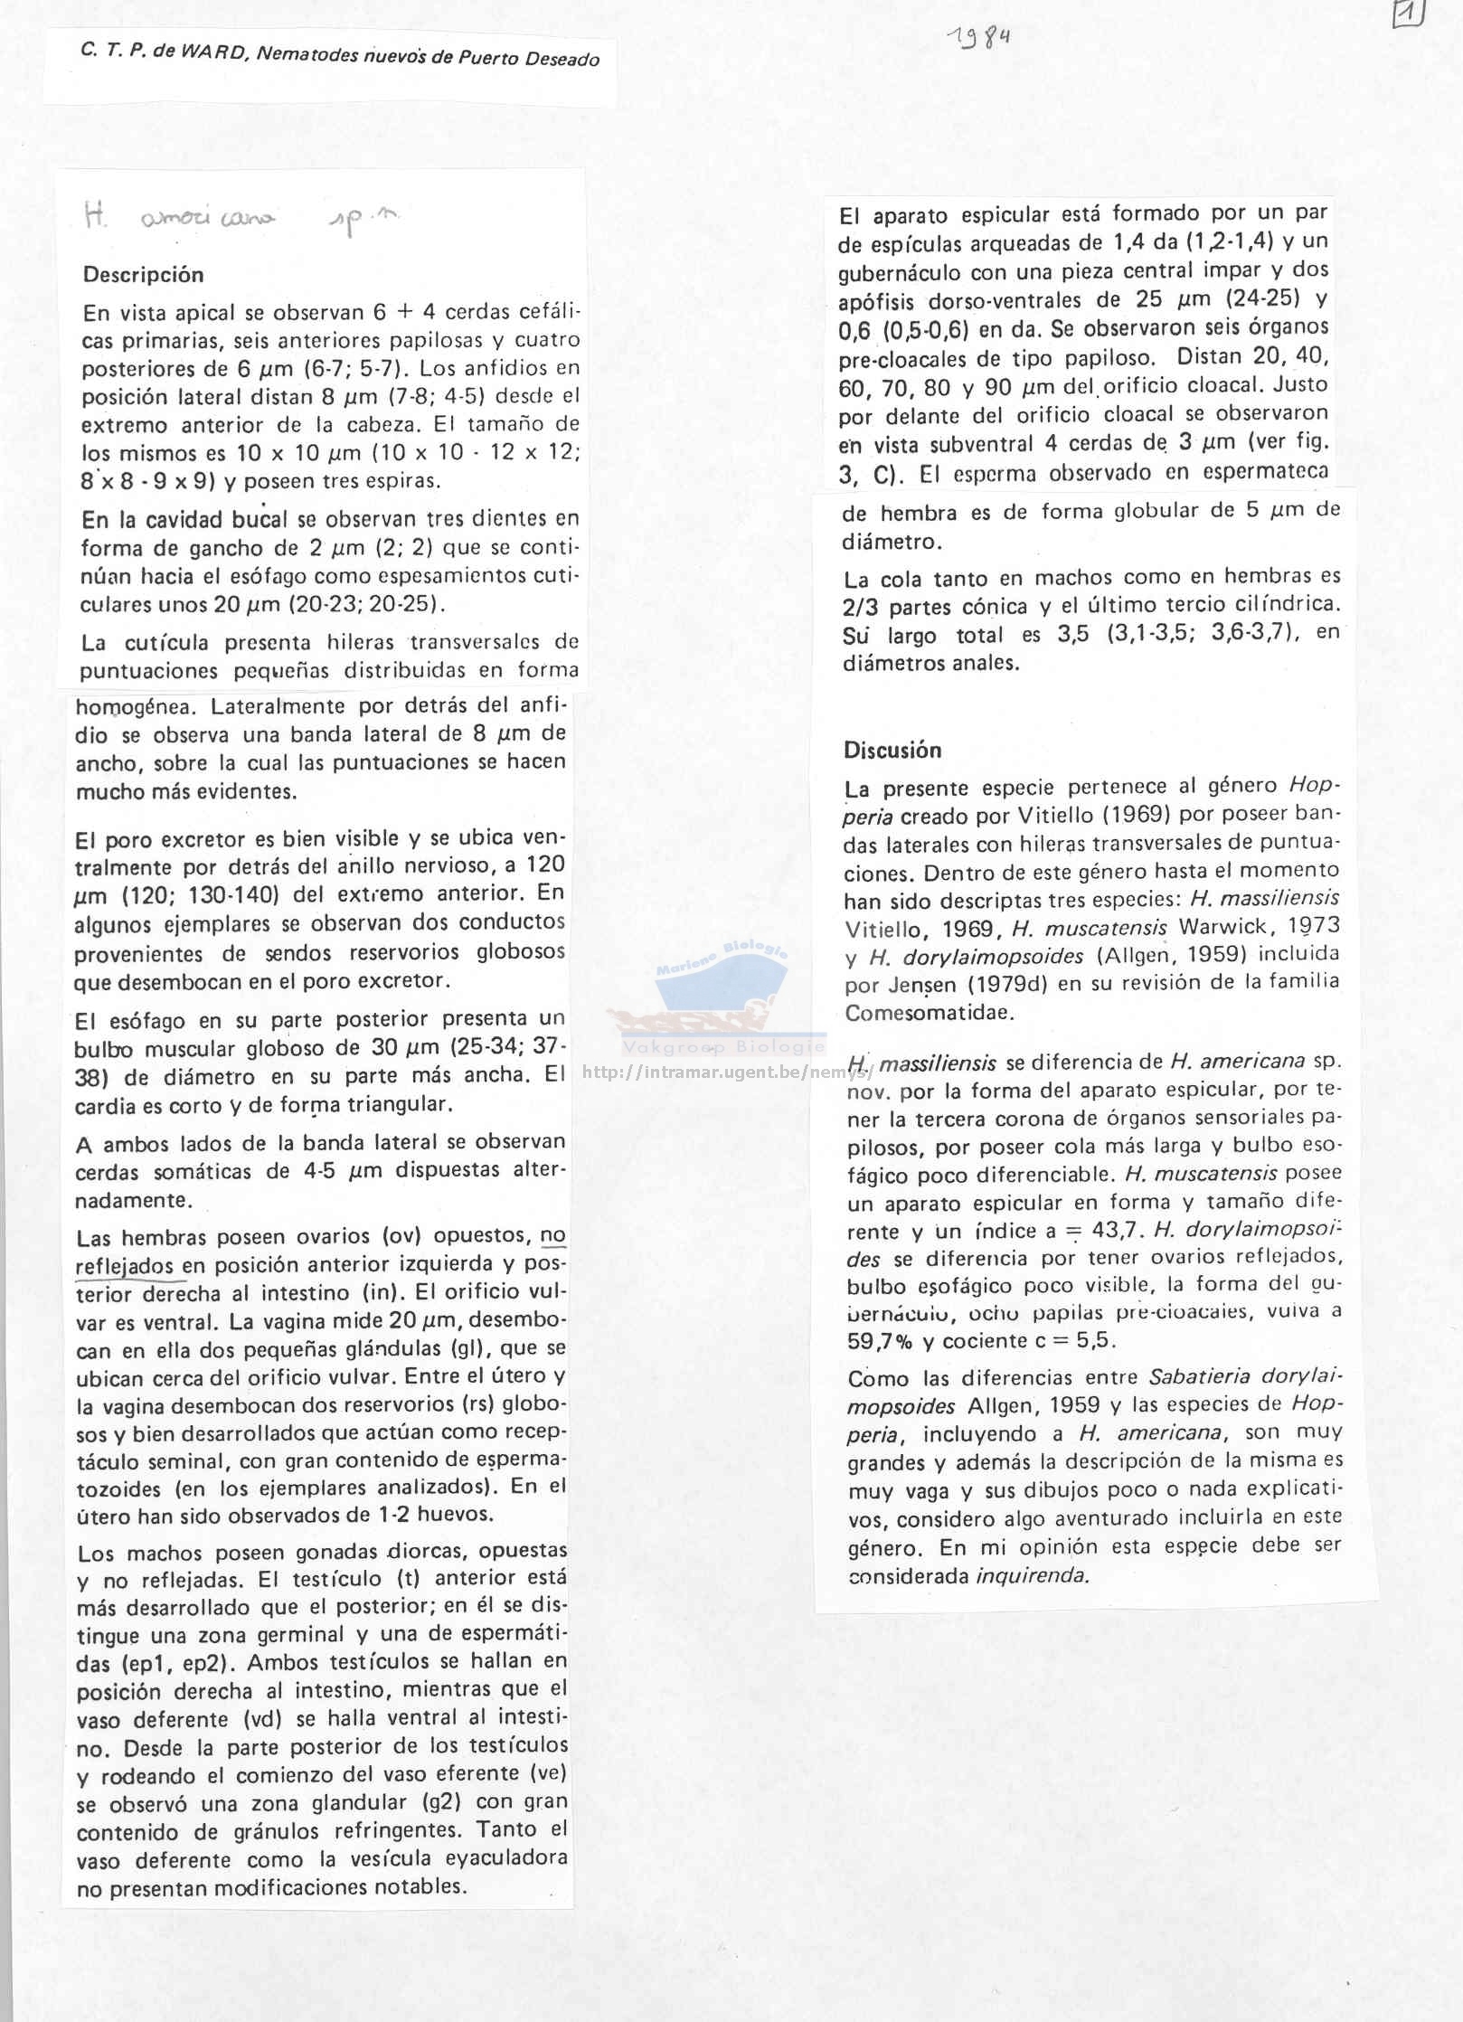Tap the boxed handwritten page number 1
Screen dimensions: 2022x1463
(x=1408, y=14)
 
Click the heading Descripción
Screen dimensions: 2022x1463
(x=143, y=275)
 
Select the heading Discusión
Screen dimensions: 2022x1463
(x=892, y=750)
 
